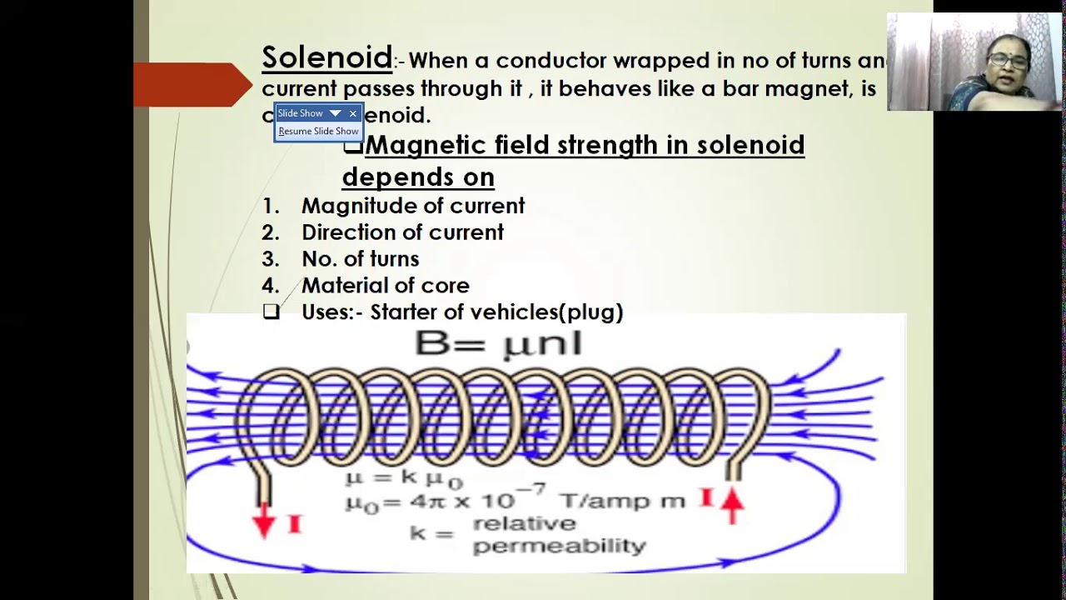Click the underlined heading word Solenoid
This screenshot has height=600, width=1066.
pyautogui.click(x=326, y=57)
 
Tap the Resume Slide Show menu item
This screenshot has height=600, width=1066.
pyautogui.click(x=318, y=131)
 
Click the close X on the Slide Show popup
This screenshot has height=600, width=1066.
pyautogui.click(x=353, y=113)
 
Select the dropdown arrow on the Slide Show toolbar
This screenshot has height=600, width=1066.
pyautogui.click(x=335, y=113)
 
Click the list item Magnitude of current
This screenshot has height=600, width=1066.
pyautogui.click(x=412, y=206)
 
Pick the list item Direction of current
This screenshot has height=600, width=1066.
pyautogui.click(x=402, y=232)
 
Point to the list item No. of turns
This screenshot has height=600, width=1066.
pyautogui.click(x=360, y=259)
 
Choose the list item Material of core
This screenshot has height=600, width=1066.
pyautogui.click(x=385, y=286)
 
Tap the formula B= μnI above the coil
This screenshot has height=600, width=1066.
pyautogui.click(x=498, y=343)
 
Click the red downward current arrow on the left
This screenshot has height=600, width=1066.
pyautogui.click(x=264, y=520)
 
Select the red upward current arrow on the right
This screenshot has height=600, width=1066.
pyautogui.click(x=732, y=505)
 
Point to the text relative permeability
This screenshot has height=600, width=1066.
pyautogui.click(x=558, y=535)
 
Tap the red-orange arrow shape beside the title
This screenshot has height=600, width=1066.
pyautogui.click(x=193, y=84)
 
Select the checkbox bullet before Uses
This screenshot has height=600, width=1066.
pyautogui.click(x=271, y=312)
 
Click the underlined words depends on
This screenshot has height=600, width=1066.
pyautogui.click(x=418, y=177)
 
